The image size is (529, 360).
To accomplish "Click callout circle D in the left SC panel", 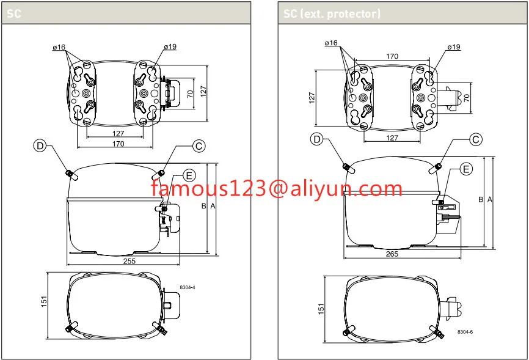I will pos(40,145).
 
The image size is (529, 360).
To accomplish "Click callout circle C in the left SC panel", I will pos(199,145).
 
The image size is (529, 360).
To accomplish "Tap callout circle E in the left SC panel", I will pos(189,176).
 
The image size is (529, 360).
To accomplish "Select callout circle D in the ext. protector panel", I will pos(316,139).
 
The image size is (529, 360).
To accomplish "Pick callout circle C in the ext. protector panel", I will pos(476,139).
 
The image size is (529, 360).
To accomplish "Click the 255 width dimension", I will pos(130,260).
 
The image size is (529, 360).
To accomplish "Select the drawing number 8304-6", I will pos(465,332).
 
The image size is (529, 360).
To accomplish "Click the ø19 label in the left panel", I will pos(169,47).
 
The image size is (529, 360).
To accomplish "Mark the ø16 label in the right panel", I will pos(331,43).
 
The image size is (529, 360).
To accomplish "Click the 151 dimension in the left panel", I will pos(45,302).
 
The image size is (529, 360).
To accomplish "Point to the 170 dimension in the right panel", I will pos(392,56).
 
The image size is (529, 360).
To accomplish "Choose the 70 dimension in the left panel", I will pos(190,94).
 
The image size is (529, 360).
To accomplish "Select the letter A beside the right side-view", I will pos(490,200).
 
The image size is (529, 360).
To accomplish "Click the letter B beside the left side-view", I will pos(204,207).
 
